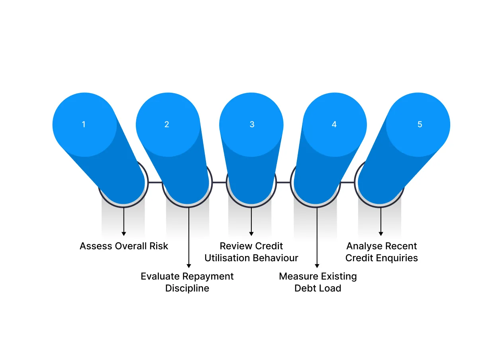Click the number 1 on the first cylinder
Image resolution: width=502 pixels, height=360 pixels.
point(84,124)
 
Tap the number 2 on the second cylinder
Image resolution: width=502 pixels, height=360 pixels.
point(167,124)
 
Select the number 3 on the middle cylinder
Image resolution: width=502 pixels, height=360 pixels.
point(252,124)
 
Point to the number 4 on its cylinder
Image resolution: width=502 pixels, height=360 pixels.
point(334,124)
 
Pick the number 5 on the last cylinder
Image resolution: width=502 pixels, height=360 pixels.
point(420,124)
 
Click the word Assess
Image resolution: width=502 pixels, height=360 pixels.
point(96,246)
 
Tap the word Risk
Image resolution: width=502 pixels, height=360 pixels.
point(159,246)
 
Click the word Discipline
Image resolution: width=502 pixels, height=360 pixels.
point(187,289)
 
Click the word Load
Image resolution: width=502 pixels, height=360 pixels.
point(330,288)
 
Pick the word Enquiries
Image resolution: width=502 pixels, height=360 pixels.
point(397,258)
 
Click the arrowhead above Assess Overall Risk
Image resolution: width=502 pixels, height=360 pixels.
point(124,234)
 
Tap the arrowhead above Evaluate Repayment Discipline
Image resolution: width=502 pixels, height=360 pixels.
point(189,266)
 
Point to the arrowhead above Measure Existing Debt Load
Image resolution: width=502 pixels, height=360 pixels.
point(317,266)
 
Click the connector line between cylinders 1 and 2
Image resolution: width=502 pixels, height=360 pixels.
point(155,182)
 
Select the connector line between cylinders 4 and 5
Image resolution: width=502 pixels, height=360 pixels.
point(347,182)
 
